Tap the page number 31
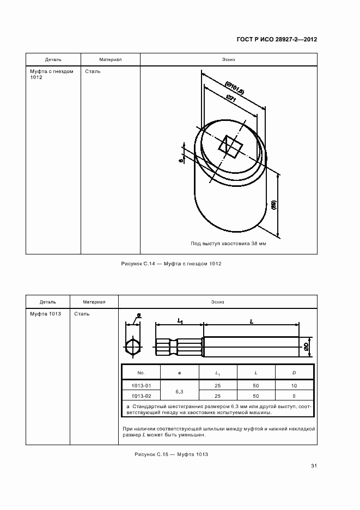click(314, 466)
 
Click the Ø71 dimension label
click(230, 100)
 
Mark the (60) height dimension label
click(274, 205)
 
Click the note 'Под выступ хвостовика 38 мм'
click(228, 244)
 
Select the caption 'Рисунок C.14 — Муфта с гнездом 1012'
click(170, 264)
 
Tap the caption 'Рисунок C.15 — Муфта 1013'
click(171, 454)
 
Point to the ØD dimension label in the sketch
click(307, 345)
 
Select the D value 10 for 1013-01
click(294, 386)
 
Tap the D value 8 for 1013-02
click(294, 396)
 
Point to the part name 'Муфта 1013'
click(45, 314)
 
